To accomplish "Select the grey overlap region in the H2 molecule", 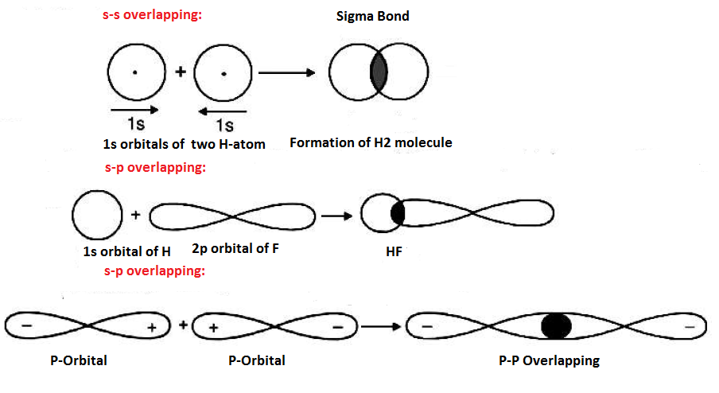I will [379, 72].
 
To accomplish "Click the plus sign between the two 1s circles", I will [181, 72].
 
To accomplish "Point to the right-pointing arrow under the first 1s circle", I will [134, 110].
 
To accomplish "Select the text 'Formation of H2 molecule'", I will [371, 143].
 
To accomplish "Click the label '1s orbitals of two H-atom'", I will [184, 144].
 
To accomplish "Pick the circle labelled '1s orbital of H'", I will [97, 215].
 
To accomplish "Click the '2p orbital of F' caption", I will [235, 248].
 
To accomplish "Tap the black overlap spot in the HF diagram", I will [398, 214].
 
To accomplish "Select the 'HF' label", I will [389, 250].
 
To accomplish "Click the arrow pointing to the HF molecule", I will [336, 216].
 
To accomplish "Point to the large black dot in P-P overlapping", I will [556, 326].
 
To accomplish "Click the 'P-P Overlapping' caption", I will [549, 360].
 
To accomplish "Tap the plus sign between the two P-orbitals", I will [183, 325].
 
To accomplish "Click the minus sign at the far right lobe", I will [689, 326].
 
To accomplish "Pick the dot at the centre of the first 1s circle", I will [134, 73].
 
